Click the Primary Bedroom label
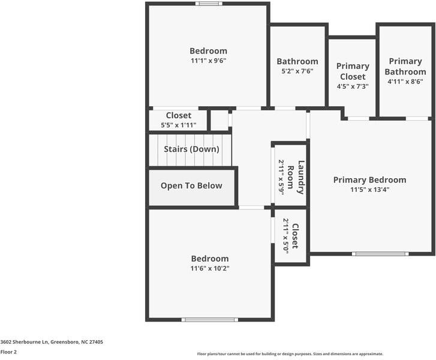(369, 180)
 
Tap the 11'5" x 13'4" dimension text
(369, 190)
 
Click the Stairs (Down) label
(192, 149)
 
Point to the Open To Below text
(191, 186)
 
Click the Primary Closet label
(353, 71)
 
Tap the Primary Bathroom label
(405, 67)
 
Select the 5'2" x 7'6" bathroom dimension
(297, 71)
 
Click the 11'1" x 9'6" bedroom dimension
(208, 61)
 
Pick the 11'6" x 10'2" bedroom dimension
(210, 268)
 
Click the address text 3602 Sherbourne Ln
(52, 342)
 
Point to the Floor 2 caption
(8, 352)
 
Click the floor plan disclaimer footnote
(290, 354)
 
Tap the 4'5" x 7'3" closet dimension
(353, 86)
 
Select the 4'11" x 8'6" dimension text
(405, 82)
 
